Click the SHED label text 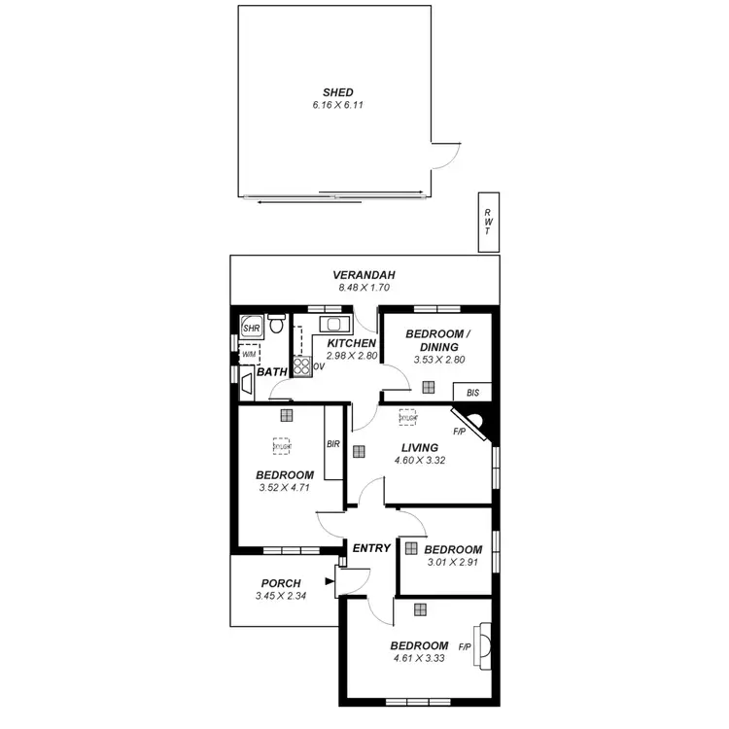click(x=334, y=92)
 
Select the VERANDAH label click(x=364, y=275)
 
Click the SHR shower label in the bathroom click(x=250, y=329)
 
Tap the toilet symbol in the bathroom click(x=275, y=325)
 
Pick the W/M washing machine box click(x=249, y=355)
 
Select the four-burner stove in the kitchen click(x=301, y=366)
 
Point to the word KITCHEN click(x=351, y=344)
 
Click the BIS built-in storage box click(x=473, y=393)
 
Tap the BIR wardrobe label click(x=333, y=443)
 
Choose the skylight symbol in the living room click(x=407, y=418)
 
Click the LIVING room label click(x=419, y=448)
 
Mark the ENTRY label click(x=371, y=548)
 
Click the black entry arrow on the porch click(x=330, y=583)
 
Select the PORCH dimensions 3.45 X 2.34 click(x=281, y=596)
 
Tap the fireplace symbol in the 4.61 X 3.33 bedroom click(x=480, y=647)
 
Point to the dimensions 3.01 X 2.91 click(x=452, y=561)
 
